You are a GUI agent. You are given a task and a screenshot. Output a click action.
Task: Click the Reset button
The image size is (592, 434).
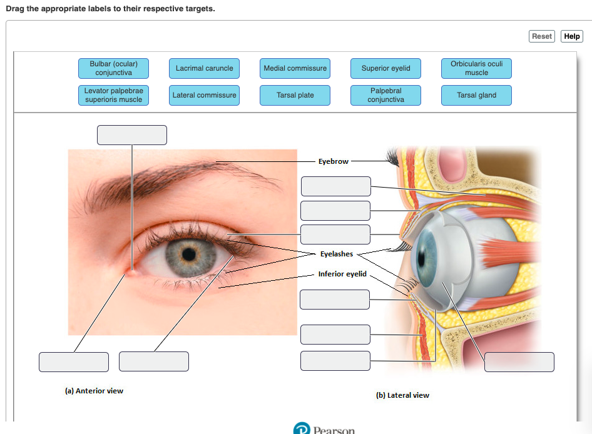click(x=541, y=36)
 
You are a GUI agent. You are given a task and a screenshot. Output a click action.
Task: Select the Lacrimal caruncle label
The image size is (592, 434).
click(x=204, y=68)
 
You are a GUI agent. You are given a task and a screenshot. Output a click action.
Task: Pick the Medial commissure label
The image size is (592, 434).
click(x=295, y=68)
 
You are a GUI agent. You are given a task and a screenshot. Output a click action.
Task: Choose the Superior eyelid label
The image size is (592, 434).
click(x=385, y=68)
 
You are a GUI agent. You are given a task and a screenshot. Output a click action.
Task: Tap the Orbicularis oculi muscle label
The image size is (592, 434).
click(x=476, y=68)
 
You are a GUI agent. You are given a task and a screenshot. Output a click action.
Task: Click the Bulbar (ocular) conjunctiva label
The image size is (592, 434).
click(x=113, y=68)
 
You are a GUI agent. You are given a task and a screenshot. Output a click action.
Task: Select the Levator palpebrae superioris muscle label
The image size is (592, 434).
click(x=113, y=95)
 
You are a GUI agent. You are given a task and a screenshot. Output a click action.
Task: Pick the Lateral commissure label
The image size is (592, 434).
click(x=204, y=95)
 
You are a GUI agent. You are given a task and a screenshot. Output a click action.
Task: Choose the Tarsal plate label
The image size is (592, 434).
click(x=295, y=95)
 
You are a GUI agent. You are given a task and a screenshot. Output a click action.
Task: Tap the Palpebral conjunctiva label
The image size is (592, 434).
click(x=385, y=95)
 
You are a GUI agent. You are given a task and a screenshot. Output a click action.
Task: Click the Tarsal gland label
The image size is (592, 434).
click(x=476, y=95)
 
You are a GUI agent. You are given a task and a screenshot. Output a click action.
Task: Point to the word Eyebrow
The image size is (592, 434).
click(x=333, y=161)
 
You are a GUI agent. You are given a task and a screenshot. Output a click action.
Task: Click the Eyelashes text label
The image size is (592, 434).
click(x=337, y=255)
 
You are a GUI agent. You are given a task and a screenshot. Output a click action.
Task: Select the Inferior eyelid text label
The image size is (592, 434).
click(x=342, y=274)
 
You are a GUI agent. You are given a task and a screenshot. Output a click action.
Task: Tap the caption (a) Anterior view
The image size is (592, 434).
click(x=94, y=391)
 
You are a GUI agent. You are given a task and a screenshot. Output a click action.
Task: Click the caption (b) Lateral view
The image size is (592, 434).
click(x=402, y=395)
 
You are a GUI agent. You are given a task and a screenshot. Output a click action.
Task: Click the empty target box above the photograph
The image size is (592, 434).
click(x=131, y=135)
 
